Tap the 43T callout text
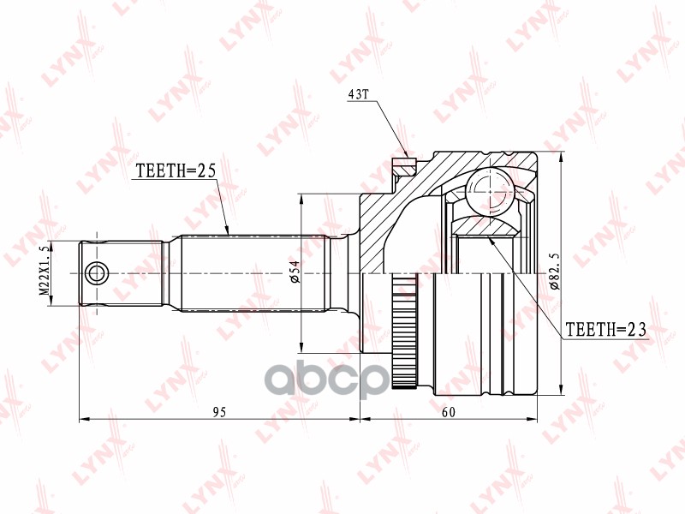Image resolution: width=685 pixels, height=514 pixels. (357, 95)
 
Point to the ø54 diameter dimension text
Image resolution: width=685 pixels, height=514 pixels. (293, 273)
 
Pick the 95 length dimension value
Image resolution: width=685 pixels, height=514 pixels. (219, 412)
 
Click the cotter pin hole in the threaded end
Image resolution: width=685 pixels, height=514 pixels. (96, 274)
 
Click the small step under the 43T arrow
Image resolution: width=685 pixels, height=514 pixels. (403, 163)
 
